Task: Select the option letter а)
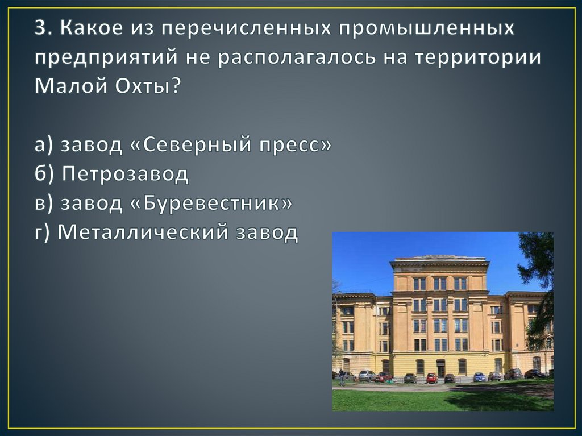44,146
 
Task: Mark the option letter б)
44,174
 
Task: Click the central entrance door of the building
440,368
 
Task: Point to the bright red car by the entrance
432,378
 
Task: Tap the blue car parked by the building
479,377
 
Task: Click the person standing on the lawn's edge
341,377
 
